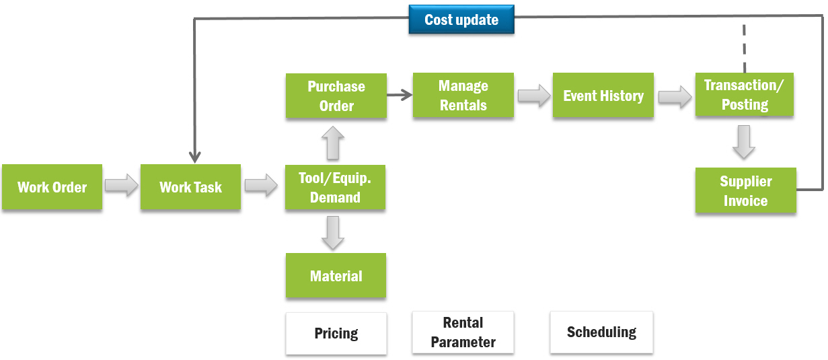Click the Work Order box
pos(52,187)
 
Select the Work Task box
pos(190,187)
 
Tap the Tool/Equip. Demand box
pos(335,187)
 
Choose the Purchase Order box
pos(336,96)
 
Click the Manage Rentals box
pos(463,96)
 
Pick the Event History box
pos(603,96)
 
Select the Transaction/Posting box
pos(745,95)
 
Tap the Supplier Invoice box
pos(745,190)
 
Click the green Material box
pos(336,276)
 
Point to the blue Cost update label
pos(461,20)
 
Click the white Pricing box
pos(336,333)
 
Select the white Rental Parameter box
pos(463,332)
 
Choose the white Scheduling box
pos(601,332)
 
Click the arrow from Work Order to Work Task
pos(121,186)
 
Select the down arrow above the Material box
pos(334,232)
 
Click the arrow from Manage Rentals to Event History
pos(533,96)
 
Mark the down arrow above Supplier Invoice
pos(743,142)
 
